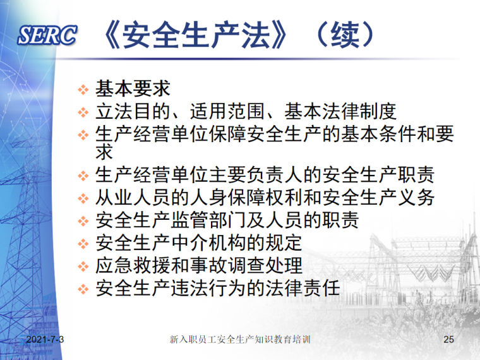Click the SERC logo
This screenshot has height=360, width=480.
[47, 37]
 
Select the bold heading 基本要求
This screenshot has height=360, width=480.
[133, 87]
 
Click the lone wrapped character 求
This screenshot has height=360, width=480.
[104, 152]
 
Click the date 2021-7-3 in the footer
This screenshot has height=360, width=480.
[45, 340]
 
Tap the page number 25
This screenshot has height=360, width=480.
[449, 340]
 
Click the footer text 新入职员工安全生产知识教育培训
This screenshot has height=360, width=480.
[240, 340]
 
